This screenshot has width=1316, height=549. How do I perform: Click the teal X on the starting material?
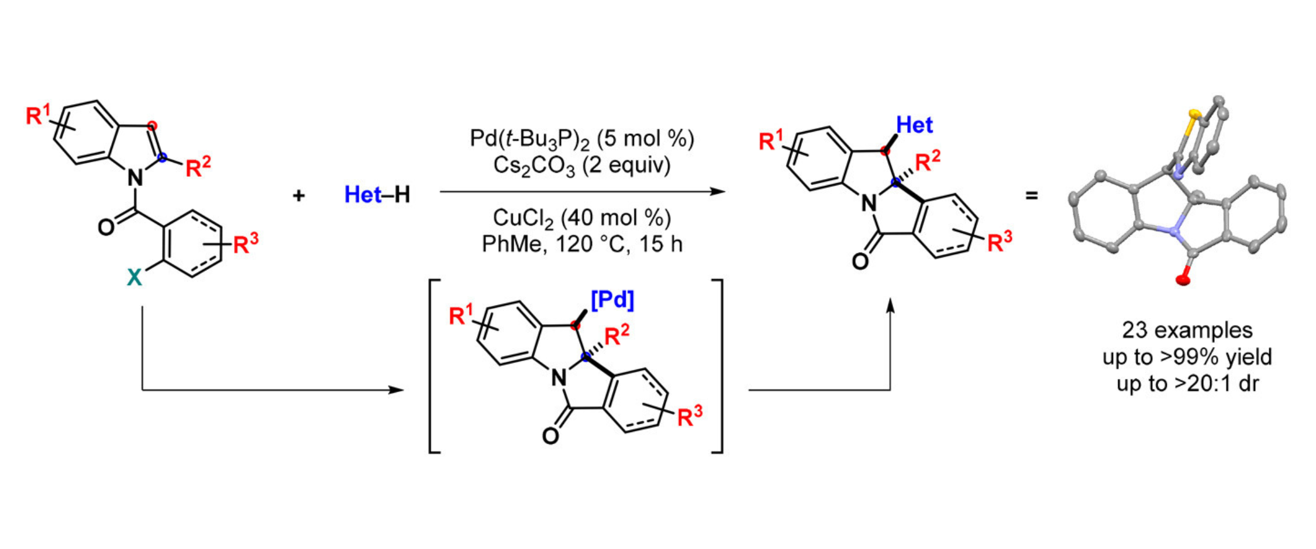135,277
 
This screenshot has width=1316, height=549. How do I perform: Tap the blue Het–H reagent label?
377,195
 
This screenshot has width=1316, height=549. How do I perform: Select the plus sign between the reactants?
299,195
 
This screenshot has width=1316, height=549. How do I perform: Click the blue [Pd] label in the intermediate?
612,300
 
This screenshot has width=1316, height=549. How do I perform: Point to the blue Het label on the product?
914,125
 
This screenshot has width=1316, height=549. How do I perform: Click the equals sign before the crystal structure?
1032,195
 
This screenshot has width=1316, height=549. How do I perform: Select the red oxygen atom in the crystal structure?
1183,279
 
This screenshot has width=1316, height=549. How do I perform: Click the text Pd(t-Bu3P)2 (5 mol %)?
581,139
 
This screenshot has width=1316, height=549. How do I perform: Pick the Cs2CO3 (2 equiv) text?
581,166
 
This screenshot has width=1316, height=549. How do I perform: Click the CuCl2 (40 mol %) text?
581,218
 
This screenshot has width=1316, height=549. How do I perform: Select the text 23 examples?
1187,330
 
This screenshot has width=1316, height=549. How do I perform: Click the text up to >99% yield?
1187,357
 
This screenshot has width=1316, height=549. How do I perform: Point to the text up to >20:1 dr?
1187,384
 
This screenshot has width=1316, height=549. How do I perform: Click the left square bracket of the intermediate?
433,366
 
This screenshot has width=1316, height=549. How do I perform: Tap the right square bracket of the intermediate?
719,366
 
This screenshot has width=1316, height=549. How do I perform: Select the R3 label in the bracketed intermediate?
689,416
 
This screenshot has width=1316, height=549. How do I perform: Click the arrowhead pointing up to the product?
890,305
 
